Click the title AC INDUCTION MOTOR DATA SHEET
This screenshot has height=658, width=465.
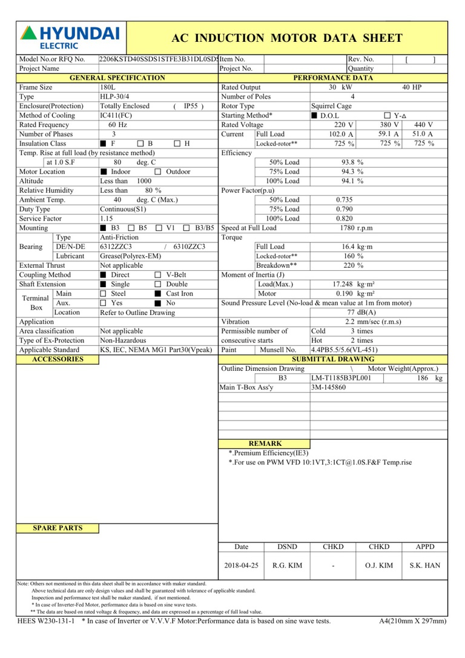[287, 38]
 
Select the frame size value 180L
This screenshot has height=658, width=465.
[108, 87]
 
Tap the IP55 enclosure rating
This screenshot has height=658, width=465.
[192, 106]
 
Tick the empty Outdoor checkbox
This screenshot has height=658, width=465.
[158, 172]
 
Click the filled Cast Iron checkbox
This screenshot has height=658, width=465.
[158, 294]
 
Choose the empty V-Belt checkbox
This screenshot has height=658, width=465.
[158, 275]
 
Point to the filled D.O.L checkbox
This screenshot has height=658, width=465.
[314, 116]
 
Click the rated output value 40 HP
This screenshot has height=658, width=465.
[412, 87]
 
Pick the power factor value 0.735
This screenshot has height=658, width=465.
[345, 200]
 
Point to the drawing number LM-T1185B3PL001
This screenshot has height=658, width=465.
[341, 378]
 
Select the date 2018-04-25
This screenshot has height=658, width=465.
[241, 565]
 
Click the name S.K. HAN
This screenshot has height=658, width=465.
[425, 565]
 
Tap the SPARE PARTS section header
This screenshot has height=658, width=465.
[58, 528]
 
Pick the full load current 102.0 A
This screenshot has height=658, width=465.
[341, 135]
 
